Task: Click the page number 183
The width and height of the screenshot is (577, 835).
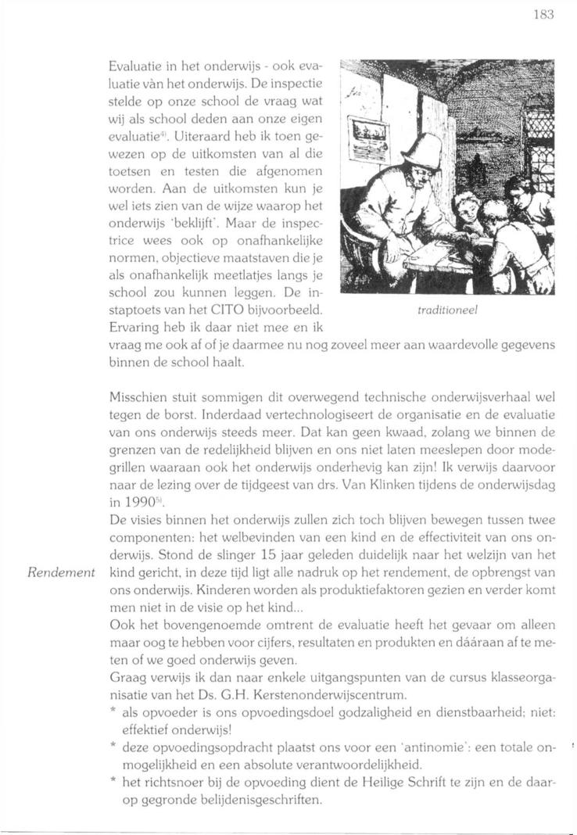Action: click(x=543, y=15)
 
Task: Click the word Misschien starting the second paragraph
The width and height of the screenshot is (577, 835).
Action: click(x=137, y=397)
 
